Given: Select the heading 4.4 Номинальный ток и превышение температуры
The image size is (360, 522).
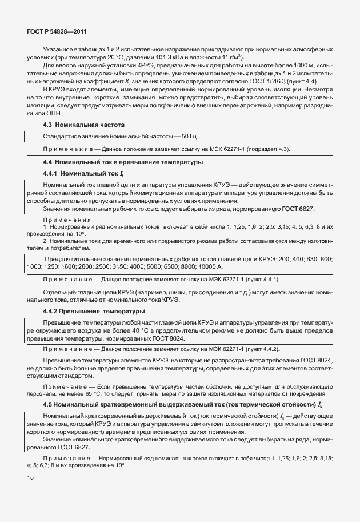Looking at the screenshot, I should click(123, 162).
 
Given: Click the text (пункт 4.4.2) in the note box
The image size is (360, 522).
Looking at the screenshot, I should click(258, 349).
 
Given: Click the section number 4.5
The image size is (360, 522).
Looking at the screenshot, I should click(48, 405).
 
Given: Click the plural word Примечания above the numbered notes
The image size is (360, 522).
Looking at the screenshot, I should click(67, 219).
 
